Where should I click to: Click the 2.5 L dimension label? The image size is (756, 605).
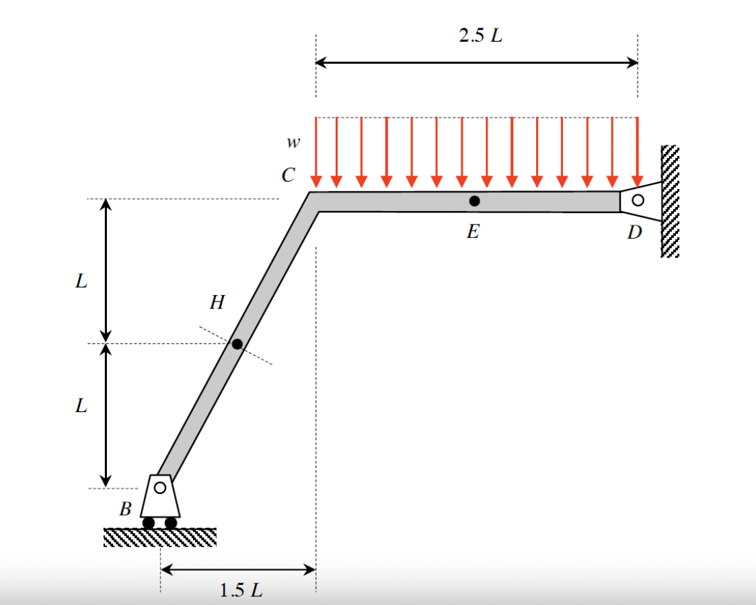tap(480, 36)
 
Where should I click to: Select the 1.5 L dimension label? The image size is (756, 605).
tap(241, 591)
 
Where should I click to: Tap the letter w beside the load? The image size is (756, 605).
tap(292, 143)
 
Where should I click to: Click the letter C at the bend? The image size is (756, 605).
tap(289, 176)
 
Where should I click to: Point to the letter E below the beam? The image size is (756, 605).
tap(473, 232)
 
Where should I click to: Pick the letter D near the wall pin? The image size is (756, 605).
tap(634, 233)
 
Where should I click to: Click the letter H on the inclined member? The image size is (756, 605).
tap(217, 303)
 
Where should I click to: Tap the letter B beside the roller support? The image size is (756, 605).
tap(125, 509)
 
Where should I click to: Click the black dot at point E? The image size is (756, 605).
tap(474, 200)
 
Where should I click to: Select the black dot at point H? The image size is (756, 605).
tap(237, 344)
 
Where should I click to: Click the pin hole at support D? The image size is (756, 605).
tap(638, 200)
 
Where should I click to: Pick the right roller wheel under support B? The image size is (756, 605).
tap(171, 522)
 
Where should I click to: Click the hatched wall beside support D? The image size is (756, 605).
tap(670, 201)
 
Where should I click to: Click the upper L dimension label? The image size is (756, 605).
tap(81, 281)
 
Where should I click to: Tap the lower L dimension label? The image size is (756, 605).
tap(81, 406)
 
